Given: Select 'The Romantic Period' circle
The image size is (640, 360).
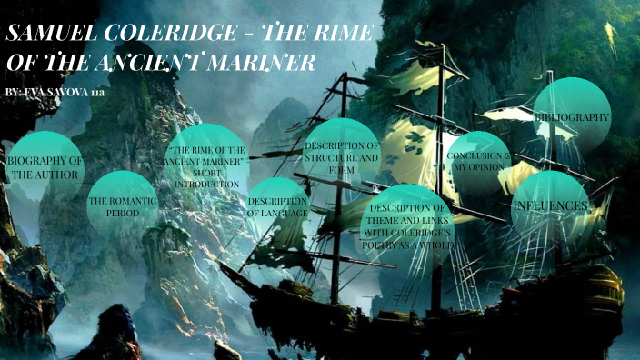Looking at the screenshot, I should point(122,204).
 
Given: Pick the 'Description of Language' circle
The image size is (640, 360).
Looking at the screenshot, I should point(277,207).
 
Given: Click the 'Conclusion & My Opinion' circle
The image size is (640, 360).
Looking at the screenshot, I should point(478,163).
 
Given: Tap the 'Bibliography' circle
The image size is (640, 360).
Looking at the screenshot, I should point(572,116).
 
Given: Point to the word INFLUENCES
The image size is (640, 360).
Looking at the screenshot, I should point(550,206).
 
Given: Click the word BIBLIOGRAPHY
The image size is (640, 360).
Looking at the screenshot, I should point(572,117).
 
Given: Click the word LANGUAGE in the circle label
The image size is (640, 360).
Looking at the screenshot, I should point(289,213).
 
